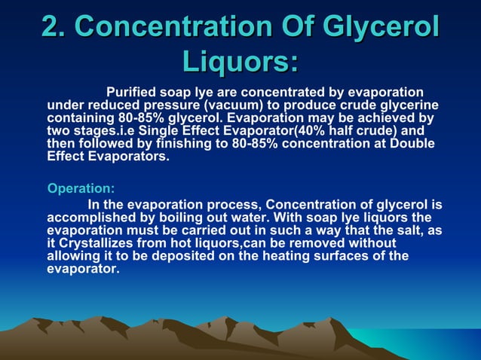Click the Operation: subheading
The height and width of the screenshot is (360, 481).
(x=81, y=188)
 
